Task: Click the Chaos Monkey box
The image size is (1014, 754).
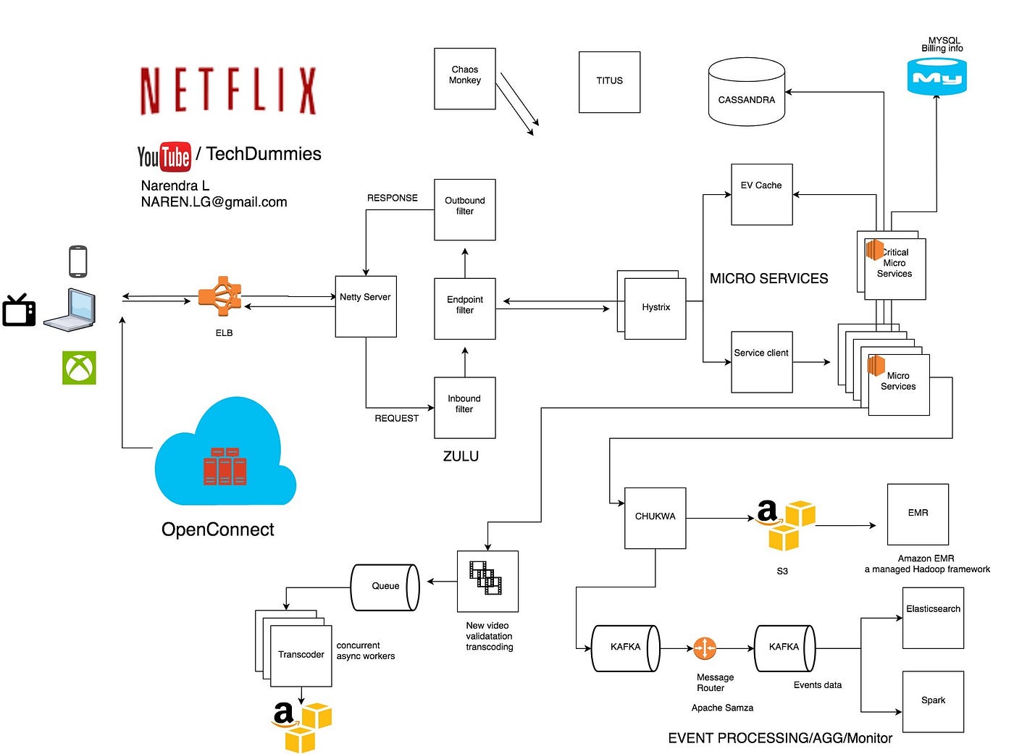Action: (x=464, y=78)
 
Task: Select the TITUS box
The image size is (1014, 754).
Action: (x=609, y=81)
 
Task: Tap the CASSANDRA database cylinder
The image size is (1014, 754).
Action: (x=746, y=94)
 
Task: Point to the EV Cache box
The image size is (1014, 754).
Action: (x=761, y=194)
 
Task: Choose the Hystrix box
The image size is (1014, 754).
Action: (x=655, y=308)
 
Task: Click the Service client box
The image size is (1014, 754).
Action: (x=761, y=361)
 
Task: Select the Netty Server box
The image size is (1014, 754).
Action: (x=365, y=306)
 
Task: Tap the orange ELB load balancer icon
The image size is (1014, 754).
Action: (x=220, y=296)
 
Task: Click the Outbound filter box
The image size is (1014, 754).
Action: (x=464, y=209)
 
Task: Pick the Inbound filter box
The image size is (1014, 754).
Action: (x=464, y=407)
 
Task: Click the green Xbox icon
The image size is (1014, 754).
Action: (x=79, y=368)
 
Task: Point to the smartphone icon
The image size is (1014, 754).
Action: (x=78, y=261)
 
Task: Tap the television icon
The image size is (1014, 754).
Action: (x=19, y=311)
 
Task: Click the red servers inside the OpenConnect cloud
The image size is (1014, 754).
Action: (x=225, y=466)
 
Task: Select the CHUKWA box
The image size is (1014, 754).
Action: (x=655, y=517)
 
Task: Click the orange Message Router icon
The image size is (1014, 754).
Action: (x=704, y=648)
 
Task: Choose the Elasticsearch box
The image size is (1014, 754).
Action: (x=932, y=617)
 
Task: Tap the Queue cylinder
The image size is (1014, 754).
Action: (x=385, y=587)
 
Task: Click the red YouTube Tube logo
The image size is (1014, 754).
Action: (x=175, y=156)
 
